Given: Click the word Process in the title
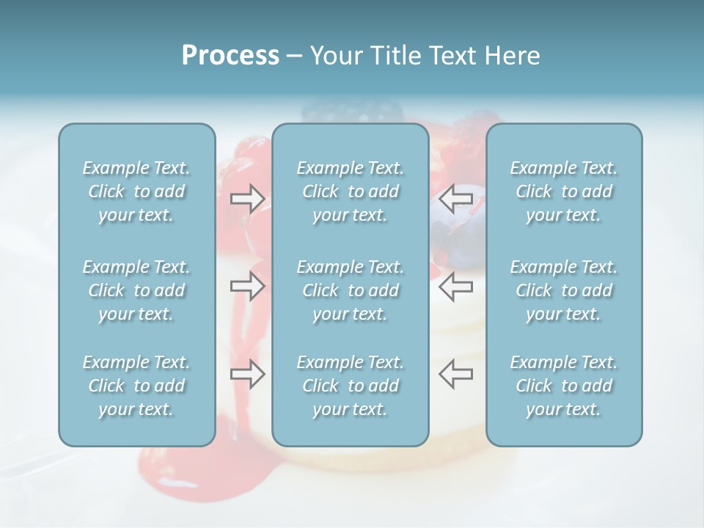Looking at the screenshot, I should [230, 56].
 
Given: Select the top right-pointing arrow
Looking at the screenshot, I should [247, 198].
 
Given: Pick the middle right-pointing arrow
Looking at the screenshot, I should [247, 285].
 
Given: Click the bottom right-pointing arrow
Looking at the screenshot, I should [247, 374].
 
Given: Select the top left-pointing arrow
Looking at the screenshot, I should [455, 198].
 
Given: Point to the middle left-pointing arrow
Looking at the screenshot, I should [455, 285].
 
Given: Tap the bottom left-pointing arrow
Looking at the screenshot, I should [455, 374].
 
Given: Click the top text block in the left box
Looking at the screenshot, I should [136, 191].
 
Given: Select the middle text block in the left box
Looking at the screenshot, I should [136, 290].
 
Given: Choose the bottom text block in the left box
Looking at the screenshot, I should [136, 386].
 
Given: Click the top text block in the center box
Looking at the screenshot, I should [350, 191].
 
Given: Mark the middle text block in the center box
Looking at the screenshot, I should [350, 290].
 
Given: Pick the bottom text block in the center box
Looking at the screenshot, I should [350, 386].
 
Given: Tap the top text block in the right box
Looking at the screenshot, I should [564, 191].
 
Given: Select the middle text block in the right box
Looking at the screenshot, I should [564, 290].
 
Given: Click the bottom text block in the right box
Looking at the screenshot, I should [564, 386].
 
